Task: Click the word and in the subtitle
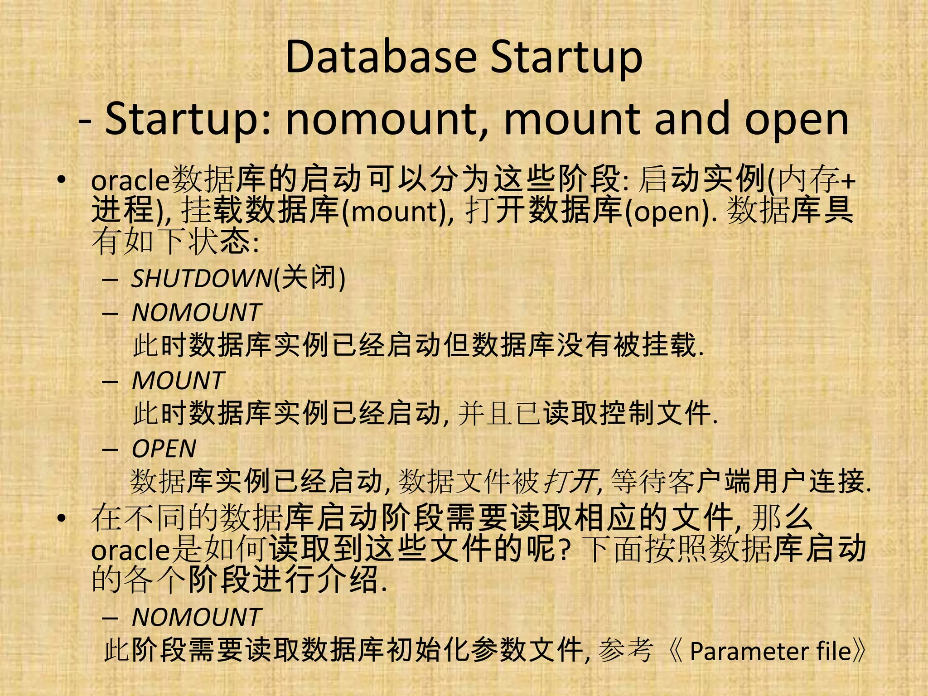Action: pos(691,119)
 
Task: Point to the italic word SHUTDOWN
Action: pos(202,279)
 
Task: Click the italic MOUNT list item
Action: pos(178,381)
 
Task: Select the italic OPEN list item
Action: pos(164,449)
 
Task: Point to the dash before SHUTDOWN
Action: pos(110,280)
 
